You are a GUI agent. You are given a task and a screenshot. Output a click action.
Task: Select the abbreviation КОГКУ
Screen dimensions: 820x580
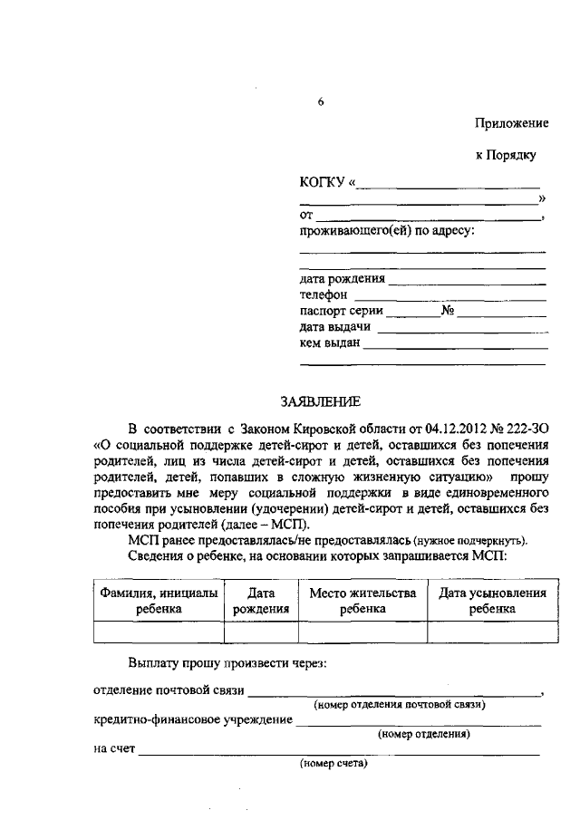(x=321, y=184)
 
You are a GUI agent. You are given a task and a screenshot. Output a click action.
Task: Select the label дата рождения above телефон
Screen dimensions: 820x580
(x=342, y=279)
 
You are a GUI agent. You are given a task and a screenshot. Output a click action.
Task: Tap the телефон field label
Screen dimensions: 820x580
(x=324, y=295)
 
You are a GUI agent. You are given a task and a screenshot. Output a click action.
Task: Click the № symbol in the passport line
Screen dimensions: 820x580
(x=448, y=312)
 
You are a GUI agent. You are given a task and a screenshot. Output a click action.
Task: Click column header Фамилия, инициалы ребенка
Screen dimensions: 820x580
(x=158, y=601)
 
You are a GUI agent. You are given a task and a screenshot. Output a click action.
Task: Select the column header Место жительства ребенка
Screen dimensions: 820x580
(x=362, y=601)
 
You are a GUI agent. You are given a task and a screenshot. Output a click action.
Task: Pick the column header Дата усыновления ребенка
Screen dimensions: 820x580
(x=492, y=601)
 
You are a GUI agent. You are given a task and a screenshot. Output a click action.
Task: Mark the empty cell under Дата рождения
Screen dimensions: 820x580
(x=260, y=632)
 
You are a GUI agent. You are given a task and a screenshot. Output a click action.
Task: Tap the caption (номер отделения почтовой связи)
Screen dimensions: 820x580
(x=400, y=704)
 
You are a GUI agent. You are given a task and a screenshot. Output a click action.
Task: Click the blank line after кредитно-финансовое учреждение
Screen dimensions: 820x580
(x=419, y=724)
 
